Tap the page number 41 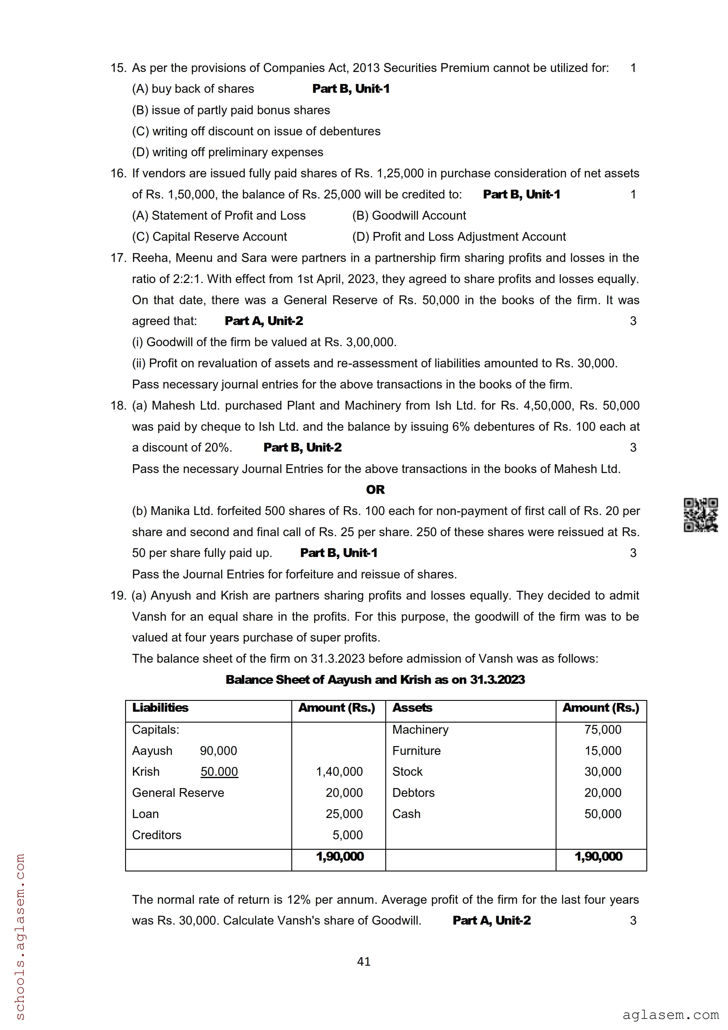[x=364, y=961]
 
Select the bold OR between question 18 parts [x=375, y=489]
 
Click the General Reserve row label [x=178, y=793]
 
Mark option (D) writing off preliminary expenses [x=227, y=152]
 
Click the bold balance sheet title [x=375, y=680]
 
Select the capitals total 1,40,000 [x=339, y=772]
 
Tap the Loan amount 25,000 [x=344, y=814]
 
